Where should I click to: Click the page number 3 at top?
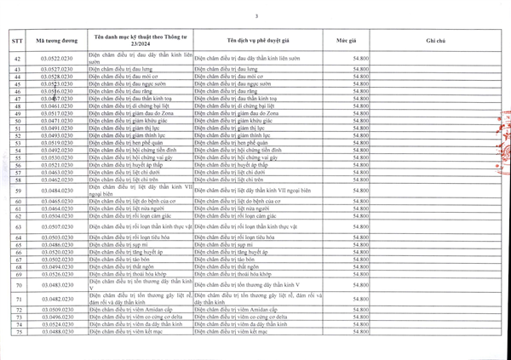click(255, 16)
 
